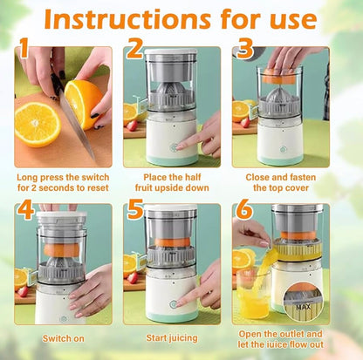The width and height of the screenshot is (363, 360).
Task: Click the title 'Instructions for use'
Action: coord(181,18)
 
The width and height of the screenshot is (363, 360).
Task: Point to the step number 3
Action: coord(245,50)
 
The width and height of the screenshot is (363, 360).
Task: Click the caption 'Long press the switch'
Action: coord(63,176)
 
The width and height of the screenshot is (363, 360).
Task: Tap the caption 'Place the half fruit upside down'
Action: coord(172,181)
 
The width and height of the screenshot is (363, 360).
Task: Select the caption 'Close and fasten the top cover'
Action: coord(282,181)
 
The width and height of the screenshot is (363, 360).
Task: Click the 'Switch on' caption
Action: coord(63,337)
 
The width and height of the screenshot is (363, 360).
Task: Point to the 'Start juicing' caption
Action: coord(172,337)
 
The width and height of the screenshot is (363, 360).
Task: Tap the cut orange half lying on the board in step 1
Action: coord(37,123)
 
